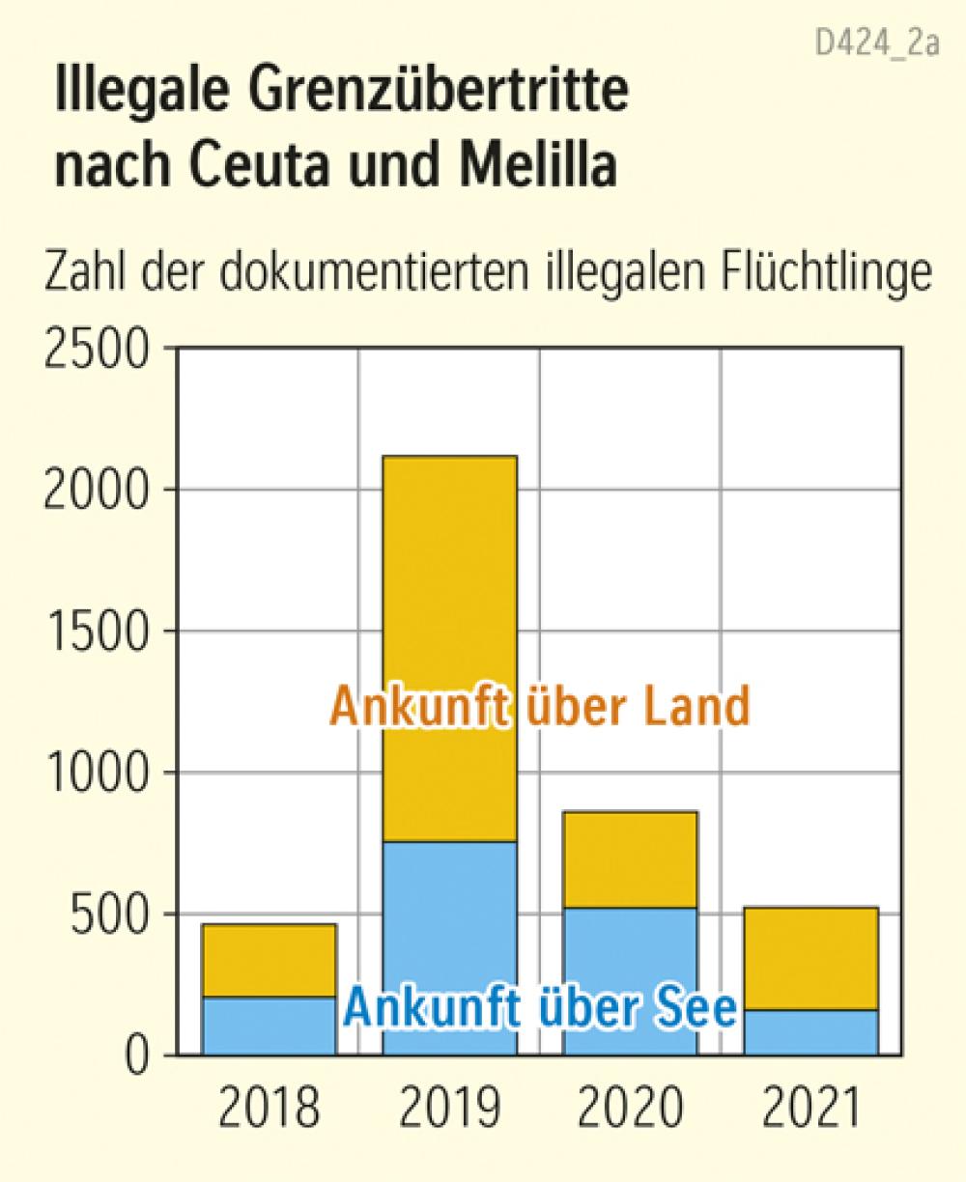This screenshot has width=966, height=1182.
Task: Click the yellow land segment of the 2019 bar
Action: coord(449,579)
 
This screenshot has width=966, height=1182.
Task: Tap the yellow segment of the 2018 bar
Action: coord(269,960)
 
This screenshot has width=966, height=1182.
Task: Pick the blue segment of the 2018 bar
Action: coord(269,1026)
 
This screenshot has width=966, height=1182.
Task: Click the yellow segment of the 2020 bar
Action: coord(630,859)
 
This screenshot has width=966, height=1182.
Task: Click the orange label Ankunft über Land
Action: coord(540,707)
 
